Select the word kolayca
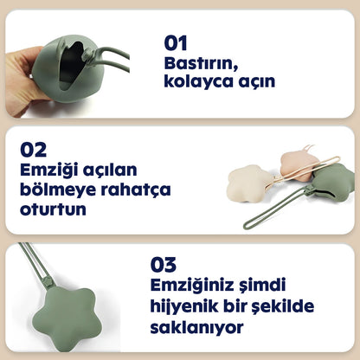(196, 82)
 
